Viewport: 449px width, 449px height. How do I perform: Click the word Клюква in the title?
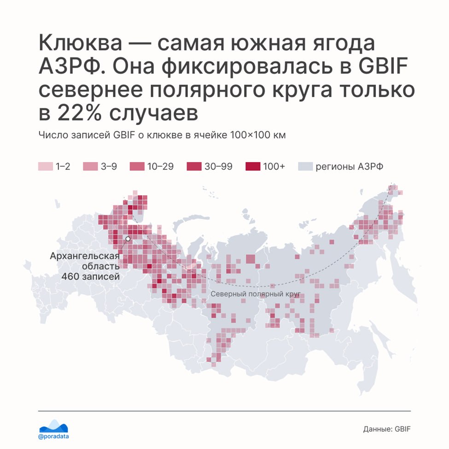81,43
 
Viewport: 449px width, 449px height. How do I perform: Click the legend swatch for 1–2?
46,166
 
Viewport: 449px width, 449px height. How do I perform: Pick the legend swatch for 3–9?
90,166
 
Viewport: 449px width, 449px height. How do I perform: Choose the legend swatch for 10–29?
137,166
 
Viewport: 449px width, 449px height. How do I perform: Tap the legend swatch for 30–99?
194,166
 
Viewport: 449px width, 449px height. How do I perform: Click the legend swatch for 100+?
253,166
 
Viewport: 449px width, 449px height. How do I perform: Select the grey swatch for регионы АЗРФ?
305,166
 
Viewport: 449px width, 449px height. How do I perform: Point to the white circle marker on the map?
128,239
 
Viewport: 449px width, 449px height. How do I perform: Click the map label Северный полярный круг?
256,294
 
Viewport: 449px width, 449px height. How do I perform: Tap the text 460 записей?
90,277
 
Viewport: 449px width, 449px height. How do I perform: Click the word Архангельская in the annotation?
85,256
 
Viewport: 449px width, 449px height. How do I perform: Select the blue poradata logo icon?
53,426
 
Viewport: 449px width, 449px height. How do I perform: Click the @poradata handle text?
53,437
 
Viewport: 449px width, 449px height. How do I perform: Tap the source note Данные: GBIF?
387,429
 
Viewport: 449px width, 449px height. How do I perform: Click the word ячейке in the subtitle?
210,135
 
